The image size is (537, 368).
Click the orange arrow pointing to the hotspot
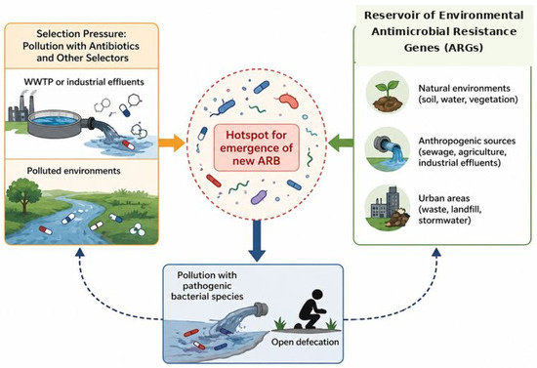coord(172,143)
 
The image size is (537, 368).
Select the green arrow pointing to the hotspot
coord(341,143)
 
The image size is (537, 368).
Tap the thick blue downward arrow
coord(257,241)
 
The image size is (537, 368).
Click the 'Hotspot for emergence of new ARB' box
coord(257,148)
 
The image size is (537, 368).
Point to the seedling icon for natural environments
coord(388,93)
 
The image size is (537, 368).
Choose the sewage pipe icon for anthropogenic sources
coord(388,148)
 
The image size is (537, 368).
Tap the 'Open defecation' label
coord(306,342)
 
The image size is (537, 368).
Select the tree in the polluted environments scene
coord(23,195)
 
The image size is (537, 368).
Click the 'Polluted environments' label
coord(73,171)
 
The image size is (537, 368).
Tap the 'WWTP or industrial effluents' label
coord(84,82)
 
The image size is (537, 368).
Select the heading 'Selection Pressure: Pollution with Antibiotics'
coord(81,40)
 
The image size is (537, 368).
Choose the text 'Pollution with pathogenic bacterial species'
coord(207,285)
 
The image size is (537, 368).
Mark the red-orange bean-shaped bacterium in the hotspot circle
coord(289,100)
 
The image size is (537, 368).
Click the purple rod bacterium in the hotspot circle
coord(258,197)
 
